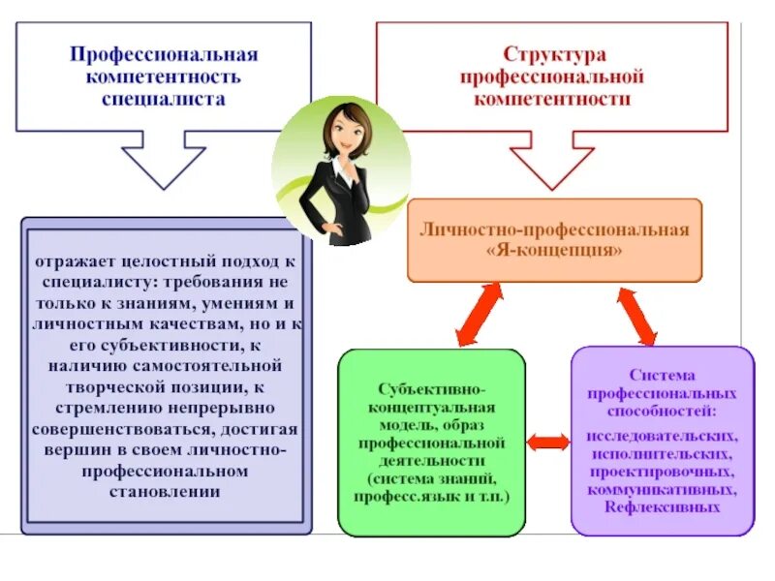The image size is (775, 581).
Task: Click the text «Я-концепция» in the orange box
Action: click(x=553, y=250)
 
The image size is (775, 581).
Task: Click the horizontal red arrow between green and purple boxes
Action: click(x=549, y=443)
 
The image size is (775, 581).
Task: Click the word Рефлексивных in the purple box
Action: click(x=662, y=506)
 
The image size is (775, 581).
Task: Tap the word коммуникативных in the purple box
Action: click(x=662, y=490)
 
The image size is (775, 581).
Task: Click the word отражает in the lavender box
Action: click(x=79, y=262)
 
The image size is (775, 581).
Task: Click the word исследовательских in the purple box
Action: click(x=662, y=437)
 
